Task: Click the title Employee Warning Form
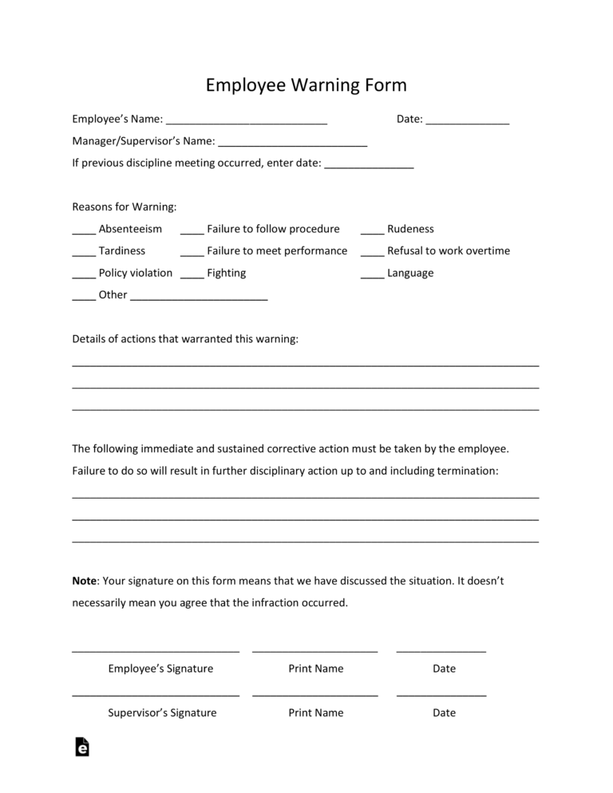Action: [x=306, y=85]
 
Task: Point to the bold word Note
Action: [x=84, y=581]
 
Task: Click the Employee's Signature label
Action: [x=160, y=669]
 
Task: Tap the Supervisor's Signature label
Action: [x=162, y=712]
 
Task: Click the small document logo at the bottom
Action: [x=81, y=747]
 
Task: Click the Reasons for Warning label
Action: [x=124, y=207]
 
